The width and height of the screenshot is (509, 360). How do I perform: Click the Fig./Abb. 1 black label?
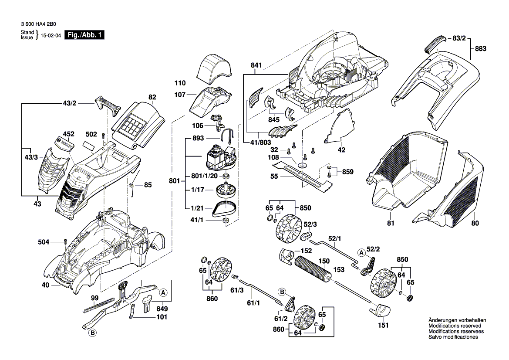tap(84, 35)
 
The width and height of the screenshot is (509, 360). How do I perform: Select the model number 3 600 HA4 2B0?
tap(38, 25)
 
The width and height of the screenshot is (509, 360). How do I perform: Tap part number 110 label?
tap(180, 83)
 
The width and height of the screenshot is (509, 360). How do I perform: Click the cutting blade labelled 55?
tap(305, 177)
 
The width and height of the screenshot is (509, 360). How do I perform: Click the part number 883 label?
tap(480, 49)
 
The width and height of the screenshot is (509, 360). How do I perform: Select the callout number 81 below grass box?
tap(391, 224)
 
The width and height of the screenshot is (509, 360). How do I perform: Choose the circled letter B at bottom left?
tap(92, 334)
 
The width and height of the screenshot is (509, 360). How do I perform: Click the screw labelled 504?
tap(65, 242)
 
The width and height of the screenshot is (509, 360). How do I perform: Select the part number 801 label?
tap(174, 180)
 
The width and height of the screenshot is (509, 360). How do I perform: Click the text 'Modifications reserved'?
tap(455, 326)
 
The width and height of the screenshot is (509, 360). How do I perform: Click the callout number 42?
tap(341, 149)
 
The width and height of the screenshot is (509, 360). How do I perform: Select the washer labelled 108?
tap(301, 164)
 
